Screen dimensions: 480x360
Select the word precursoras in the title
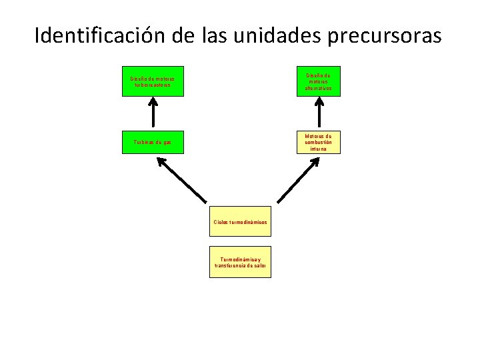click(384, 35)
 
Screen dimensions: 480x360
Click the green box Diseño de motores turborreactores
click(153, 82)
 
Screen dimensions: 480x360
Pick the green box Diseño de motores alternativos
click(318, 81)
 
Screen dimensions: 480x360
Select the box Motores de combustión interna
click(318, 142)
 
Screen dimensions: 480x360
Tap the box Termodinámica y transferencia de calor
click(241, 262)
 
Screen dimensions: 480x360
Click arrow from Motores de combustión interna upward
click(318, 112)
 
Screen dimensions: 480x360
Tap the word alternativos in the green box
click(318, 88)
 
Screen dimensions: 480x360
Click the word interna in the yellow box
click(318, 149)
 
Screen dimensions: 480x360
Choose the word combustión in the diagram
click(318, 142)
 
